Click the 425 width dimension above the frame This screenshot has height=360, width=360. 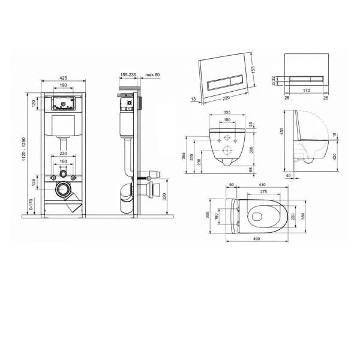click(x=64, y=78)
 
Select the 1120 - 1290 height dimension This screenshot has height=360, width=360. click(x=24, y=149)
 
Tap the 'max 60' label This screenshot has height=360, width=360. click(x=152, y=75)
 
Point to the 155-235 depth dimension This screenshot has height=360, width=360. click(x=128, y=75)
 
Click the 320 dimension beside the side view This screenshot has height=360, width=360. click(x=164, y=197)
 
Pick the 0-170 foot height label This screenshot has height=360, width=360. click(x=31, y=205)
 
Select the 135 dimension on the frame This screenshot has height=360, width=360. click(x=34, y=182)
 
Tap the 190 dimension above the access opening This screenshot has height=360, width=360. click(x=64, y=85)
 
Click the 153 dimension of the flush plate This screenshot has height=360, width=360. click(x=253, y=70)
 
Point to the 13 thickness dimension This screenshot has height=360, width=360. click(x=194, y=99)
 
